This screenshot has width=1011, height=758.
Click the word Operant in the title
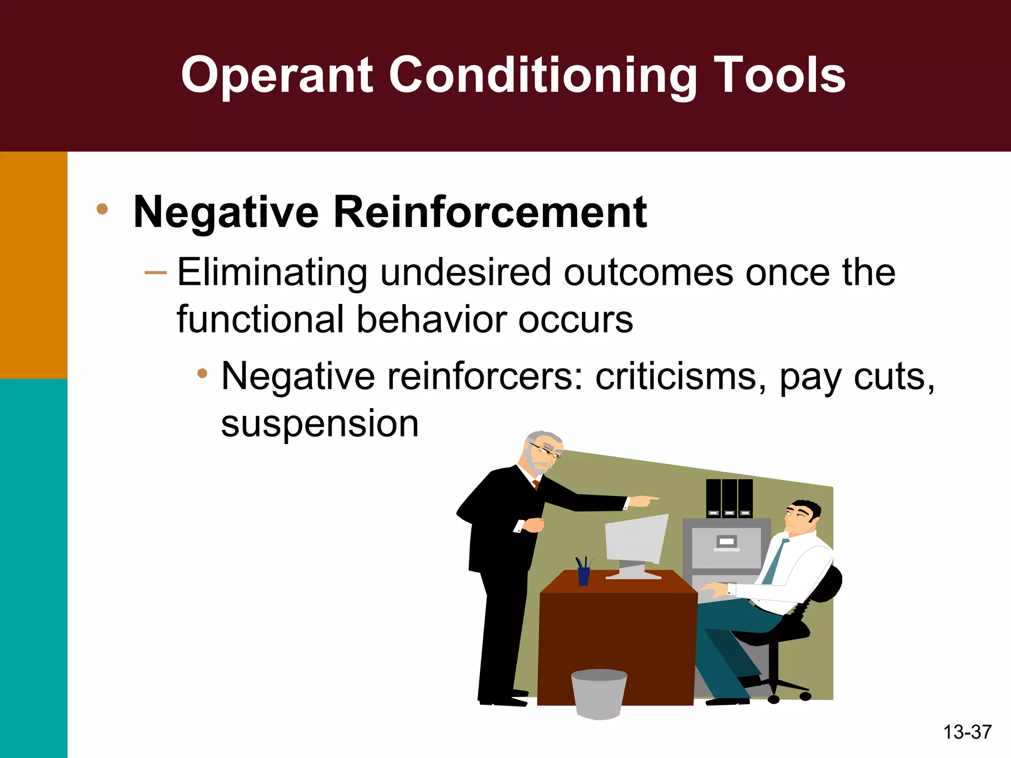pyautogui.click(x=276, y=75)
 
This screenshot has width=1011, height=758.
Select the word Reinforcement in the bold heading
pyautogui.click(x=490, y=212)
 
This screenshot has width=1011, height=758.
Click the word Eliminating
pyautogui.click(x=272, y=272)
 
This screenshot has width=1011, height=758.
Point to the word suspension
pyautogui.click(x=320, y=423)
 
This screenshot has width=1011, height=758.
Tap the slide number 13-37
pyautogui.click(x=967, y=732)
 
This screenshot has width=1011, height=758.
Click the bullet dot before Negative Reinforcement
pyautogui.click(x=102, y=209)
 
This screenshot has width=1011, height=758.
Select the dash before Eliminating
pyautogui.click(x=156, y=273)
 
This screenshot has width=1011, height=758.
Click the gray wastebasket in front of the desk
pyautogui.click(x=599, y=693)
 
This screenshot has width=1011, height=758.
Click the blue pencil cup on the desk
pyautogui.click(x=583, y=575)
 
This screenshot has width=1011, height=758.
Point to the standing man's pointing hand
pyautogui.click(x=644, y=501)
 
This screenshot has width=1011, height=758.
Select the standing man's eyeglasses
pyautogui.click(x=545, y=451)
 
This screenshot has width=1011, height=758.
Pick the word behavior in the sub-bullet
pyautogui.click(x=432, y=320)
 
